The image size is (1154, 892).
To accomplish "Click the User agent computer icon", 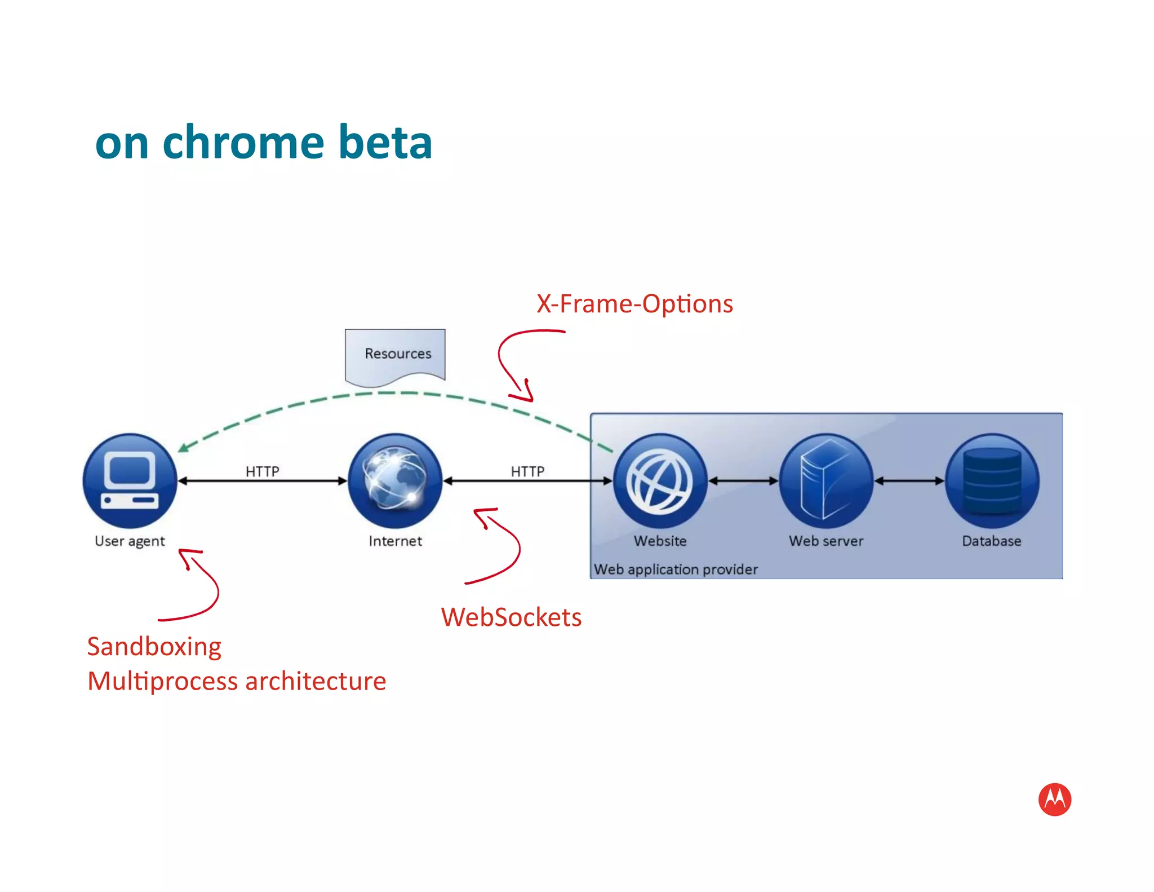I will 130,480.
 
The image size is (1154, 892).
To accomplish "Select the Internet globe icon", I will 395,480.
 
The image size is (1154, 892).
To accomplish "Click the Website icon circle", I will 660,480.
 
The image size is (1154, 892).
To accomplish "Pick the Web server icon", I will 825,480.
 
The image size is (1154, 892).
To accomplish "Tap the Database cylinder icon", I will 992,480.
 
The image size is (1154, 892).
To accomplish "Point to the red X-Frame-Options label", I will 634,304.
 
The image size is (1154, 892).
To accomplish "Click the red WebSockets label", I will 511,617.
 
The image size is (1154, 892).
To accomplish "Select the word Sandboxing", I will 154,647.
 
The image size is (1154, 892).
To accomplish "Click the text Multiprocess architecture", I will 237,681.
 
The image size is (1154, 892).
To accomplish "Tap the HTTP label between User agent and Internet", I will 262,471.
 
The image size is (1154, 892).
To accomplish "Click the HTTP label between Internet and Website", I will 527,471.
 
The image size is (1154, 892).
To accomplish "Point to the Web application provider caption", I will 676,569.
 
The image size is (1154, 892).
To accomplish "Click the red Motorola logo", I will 1054,799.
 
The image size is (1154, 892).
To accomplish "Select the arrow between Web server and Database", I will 909,481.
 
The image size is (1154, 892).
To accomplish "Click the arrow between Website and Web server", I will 743,481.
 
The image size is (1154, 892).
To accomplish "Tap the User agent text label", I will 130,541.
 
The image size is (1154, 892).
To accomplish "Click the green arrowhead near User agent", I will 183,448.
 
